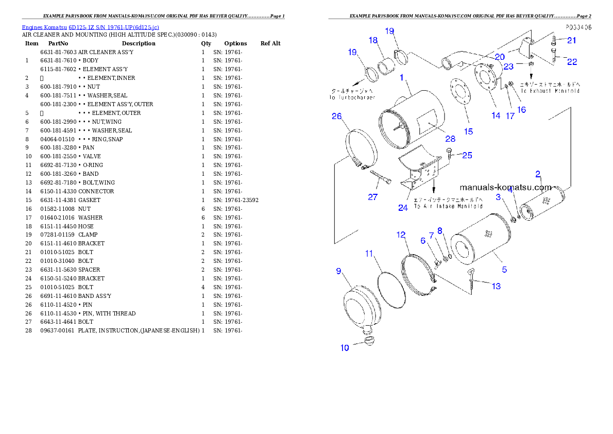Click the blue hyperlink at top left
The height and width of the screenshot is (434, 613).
point(90,27)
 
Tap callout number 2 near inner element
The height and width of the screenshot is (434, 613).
point(537,174)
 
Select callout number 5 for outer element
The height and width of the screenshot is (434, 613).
point(504,269)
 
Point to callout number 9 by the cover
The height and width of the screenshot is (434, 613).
point(338,271)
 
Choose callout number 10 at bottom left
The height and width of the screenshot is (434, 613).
point(345,348)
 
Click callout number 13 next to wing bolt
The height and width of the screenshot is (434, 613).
point(496,286)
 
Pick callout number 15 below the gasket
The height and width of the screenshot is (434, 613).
point(468,131)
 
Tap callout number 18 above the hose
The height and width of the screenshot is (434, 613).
point(373,40)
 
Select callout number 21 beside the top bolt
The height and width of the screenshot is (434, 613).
point(572,40)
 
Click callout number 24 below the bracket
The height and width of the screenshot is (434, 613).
point(403,208)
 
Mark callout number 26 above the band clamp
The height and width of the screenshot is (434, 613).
point(336,116)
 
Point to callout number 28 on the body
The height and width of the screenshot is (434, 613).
point(450,139)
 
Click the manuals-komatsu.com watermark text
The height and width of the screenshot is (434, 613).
point(505,187)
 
